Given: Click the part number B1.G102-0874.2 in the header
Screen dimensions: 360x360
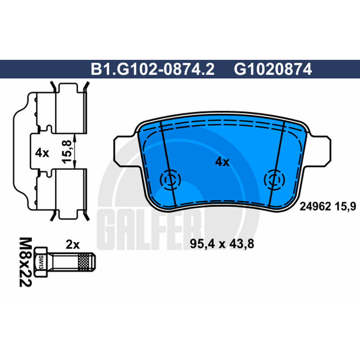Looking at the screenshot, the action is click(x=153, y=69).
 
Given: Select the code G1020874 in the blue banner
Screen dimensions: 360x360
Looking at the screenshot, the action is click(x=273, y=69).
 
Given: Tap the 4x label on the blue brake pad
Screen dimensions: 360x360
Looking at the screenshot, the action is click(x=222, y=162).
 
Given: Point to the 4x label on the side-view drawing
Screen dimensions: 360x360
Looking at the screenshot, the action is click(x=42, y=153).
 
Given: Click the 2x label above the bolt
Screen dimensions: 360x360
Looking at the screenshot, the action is click(x=72, y=244).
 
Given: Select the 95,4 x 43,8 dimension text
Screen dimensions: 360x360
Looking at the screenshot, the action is click(x=222, y=244).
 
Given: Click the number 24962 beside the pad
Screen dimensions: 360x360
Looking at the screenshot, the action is click(x=315, y=207).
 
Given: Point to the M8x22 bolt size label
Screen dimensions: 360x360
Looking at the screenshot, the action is click(x=25, y=262).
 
